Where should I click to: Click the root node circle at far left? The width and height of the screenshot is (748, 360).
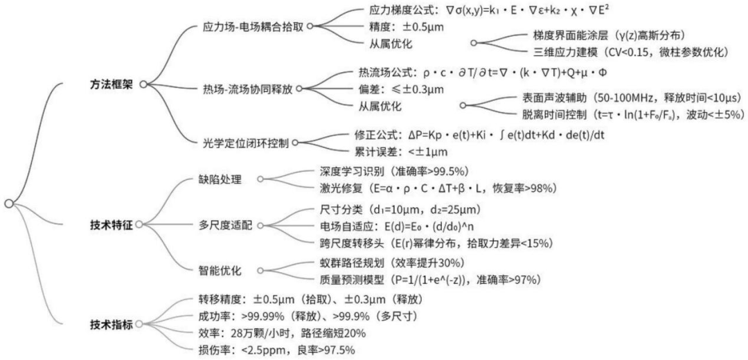pos(8,203)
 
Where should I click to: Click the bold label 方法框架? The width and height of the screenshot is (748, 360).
pos(112,83)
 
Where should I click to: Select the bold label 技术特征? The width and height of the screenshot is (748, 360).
pos(112,224)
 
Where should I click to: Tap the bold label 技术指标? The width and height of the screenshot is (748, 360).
pos(112,324)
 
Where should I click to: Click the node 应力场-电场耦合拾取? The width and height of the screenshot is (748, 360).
pos(251,26)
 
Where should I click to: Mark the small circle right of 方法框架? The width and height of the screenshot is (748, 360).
pos(143,84)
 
